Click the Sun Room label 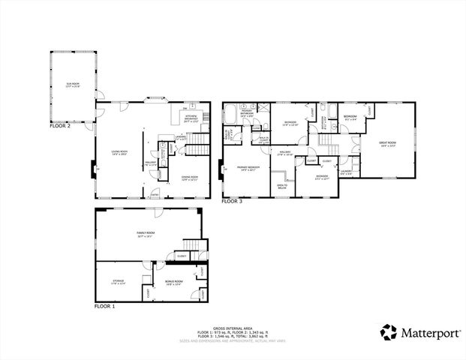[x=72, y=84]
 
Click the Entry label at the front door [x=155, y=193]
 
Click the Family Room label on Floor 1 [x=145, y=235]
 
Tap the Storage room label [x=119, y=282]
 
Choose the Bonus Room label [x=173, y=283]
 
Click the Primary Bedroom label [x=248, y=168]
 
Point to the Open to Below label [x=282, y=186]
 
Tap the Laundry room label [x=346, y=172]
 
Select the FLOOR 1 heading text [x=104, y=307]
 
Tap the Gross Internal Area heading [x=233, y=328]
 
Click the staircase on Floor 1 [x=192, y=245]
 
